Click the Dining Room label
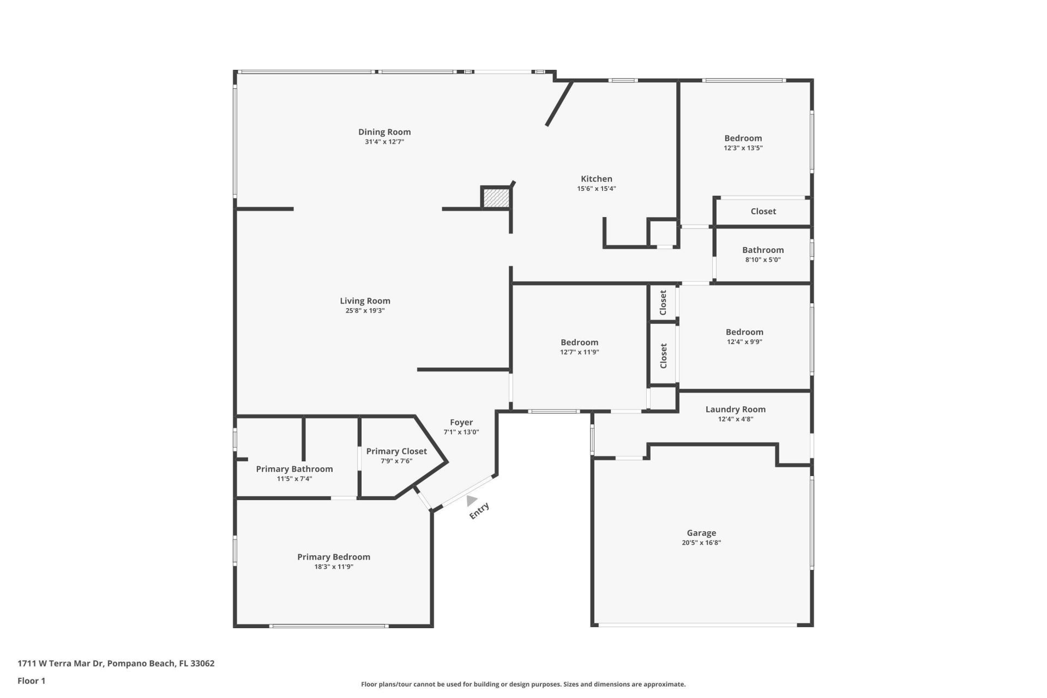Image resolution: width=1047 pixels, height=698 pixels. click(384, 132)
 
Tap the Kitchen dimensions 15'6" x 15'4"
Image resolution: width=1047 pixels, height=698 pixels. click(597, 189)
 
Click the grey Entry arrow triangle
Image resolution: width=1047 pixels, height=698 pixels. click(471, 500)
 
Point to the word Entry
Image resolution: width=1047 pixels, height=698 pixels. click(479, 511)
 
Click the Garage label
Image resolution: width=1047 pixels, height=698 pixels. click(701, 533)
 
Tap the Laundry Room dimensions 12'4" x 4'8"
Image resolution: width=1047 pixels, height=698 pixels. click(736, 419)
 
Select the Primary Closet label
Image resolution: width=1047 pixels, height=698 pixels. click(396, 451)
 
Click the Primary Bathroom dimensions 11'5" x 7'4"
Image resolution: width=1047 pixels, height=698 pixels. click(294, 479)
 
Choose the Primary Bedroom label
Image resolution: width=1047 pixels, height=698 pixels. click(333, 557)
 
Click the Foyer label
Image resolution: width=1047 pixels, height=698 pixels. click(461, 422)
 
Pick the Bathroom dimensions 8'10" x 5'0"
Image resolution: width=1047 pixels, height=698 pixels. click(763, 260)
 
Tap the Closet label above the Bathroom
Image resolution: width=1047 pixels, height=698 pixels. click(763, 212)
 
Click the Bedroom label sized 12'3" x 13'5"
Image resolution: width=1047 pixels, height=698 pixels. click(743, 139)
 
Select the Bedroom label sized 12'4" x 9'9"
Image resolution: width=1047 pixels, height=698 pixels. click(744, 332)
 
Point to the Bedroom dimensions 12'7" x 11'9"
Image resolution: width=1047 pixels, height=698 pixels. click(579, 352)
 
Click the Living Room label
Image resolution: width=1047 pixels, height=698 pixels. click(365, 301)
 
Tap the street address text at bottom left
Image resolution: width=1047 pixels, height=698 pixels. click(116, 664)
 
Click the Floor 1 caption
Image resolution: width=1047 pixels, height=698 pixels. click(31, 681)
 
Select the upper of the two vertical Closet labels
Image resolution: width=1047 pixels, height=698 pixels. click(663, 303)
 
